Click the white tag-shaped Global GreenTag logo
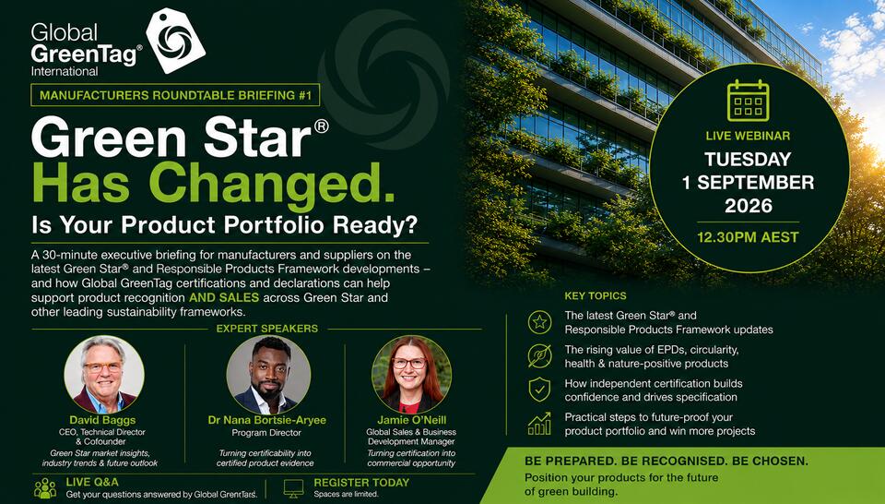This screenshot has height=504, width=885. coord(175,40)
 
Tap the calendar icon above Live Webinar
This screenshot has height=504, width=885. coord(748,100)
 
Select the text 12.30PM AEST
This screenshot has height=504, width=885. coord(748,236)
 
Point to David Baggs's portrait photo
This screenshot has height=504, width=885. coord(104,375)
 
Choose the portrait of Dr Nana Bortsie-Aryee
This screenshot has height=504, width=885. coord(268,375)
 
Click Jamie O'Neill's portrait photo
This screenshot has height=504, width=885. coord(411,375)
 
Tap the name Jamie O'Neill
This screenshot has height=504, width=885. coord(411,420)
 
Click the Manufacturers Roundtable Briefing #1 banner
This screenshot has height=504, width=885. coord(175,95)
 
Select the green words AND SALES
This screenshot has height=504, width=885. coord(224,297)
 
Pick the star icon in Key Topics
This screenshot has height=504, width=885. coord(539,322)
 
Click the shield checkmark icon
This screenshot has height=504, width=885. coord(539,390)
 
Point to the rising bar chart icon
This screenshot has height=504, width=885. coord(539,423)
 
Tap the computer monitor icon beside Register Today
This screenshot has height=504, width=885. coord(293,488)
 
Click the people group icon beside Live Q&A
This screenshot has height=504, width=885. coord(45,488)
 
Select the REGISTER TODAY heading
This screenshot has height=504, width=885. coord(361,483)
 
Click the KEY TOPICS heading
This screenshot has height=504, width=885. coord(596,295)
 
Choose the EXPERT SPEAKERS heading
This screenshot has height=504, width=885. coord(267,329)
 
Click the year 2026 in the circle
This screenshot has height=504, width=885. coord(748,206)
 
